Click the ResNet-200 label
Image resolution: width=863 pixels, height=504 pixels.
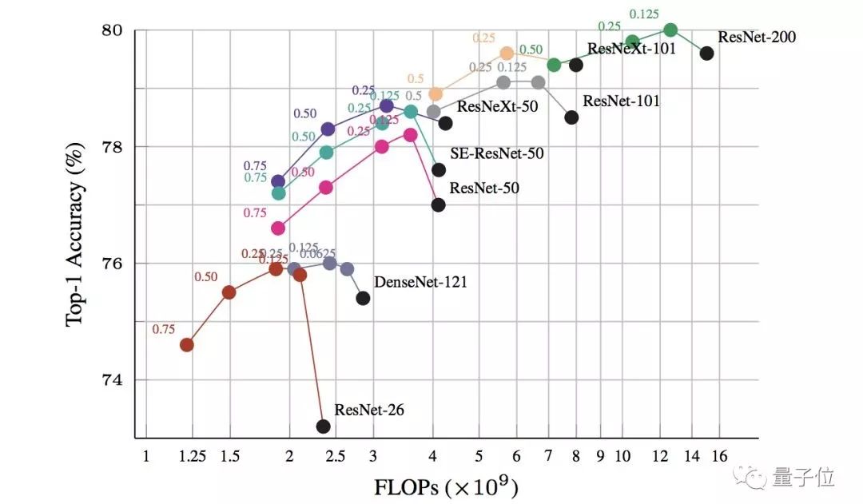coord(757,36)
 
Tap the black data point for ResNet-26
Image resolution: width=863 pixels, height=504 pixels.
coord(323,426)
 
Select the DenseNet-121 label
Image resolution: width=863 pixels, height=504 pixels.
coord(420,282)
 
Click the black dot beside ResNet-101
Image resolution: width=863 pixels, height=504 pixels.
coord(571,117)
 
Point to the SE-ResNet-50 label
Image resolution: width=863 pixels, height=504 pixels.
coord(497,153)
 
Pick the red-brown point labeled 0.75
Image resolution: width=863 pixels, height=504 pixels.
coord(187,344)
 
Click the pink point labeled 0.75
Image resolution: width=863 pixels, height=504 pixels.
coord(278,228)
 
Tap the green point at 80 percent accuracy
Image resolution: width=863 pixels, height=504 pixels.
coord(670,30)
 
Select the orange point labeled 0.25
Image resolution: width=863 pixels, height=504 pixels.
coord(506,53)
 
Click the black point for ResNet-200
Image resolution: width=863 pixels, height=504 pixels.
coord(706,53)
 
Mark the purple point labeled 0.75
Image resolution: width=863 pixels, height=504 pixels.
coord(278,181)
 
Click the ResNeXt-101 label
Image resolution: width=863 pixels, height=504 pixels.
coord(631,48)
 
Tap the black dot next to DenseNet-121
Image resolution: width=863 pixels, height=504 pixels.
coord(363,298)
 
